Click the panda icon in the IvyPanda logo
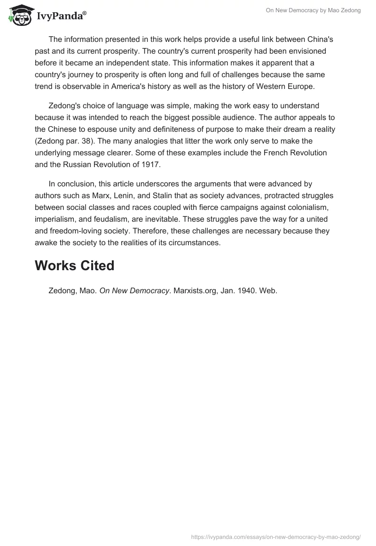coord(19,14)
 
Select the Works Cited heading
coord(74,265)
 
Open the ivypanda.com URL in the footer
coord(276,536)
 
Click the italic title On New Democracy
coord(134,290)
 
